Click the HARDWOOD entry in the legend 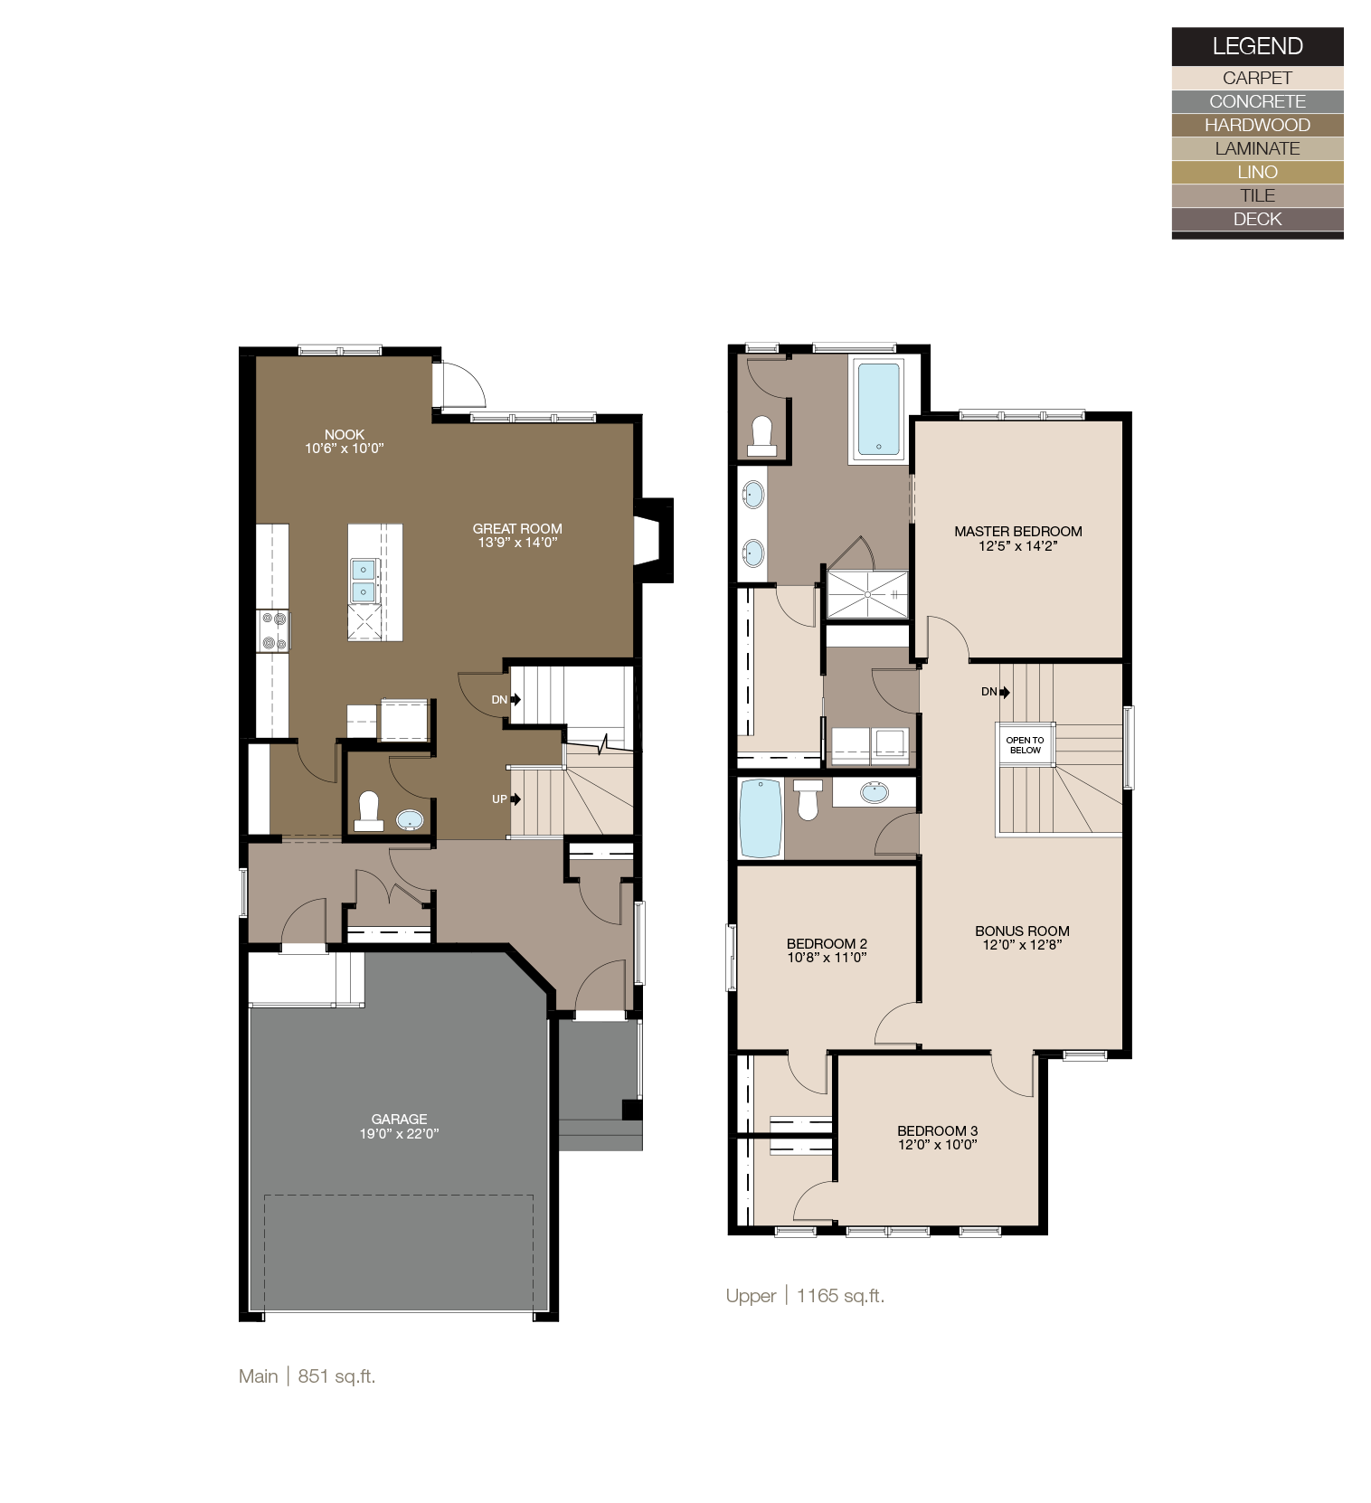1256,125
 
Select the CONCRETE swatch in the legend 1256,101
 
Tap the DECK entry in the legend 1256,219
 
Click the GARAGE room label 399,1119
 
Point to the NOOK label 345,434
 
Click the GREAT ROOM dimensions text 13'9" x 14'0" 517,543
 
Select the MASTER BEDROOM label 1017,531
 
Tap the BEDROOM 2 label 827,943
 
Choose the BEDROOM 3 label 937,1130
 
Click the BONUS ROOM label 1022,931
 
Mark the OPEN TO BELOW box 1025,744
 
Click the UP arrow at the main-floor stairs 515,799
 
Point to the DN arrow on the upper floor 1004,692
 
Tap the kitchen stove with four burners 273,630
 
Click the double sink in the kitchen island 363,581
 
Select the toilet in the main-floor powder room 368,810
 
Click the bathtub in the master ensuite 878,409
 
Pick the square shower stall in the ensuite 867,594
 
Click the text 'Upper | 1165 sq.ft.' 805,1295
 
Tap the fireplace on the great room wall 648,541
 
